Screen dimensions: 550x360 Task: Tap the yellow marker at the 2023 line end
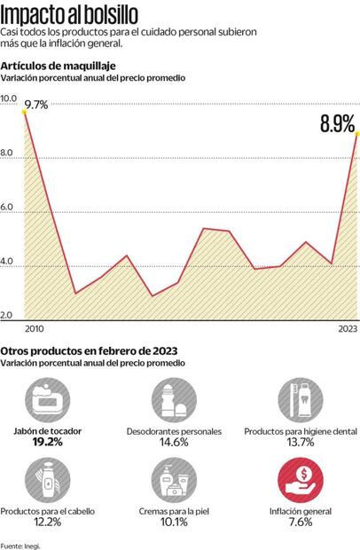pyautogui.click(x=356, y=134)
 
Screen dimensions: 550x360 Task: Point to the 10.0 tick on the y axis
pyautogui.click(x=8, y=98)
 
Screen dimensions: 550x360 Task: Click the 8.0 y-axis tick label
pyautogui.click(x=8, y=153)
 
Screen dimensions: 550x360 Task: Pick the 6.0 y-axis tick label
pyautogui.click(x=8, y=208)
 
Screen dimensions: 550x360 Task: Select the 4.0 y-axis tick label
pyautogui.click(x=8, y=263)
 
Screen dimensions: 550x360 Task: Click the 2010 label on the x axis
pyautogui.click(x=35, y=327)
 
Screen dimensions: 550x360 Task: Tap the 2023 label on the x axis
pyautogui.click(x=347, y=327)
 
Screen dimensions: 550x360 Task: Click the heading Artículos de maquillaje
pyautogui.click(x=58, y=67)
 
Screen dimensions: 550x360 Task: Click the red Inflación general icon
pyautogui.click(x=301, y=479)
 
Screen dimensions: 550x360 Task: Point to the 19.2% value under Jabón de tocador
pyautogui.click(x=49, y=441)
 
